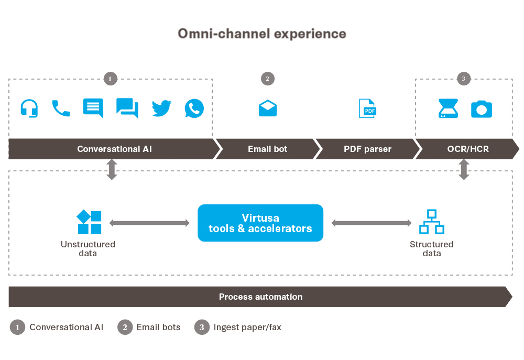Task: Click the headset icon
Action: (29, 108)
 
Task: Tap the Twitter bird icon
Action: (161, 108)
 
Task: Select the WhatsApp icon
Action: (194, 108)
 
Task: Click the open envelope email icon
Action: (268, 108)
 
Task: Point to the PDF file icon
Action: (367, 108)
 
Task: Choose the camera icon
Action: (481, 109)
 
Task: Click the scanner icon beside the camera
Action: (449, 108)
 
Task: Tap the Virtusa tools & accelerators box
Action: (260, 223)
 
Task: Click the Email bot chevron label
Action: (267, 149)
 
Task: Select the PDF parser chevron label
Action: (367, 149)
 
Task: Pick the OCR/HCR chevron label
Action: (467, 149)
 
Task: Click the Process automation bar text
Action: (260, 297)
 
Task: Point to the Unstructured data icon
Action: (89, 222)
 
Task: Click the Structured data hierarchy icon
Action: (431, 222)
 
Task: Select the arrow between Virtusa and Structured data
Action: (372, 223)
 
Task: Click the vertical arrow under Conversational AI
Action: (112, 170)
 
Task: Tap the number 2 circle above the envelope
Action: (267, 79)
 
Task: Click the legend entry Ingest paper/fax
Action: (247, 328)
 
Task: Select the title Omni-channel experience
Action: (262, 34)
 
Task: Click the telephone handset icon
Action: (61, 108)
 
